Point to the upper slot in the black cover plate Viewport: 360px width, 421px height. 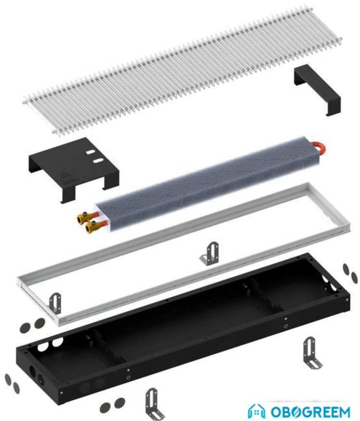90,152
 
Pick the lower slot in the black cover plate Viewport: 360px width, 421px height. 98,161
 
